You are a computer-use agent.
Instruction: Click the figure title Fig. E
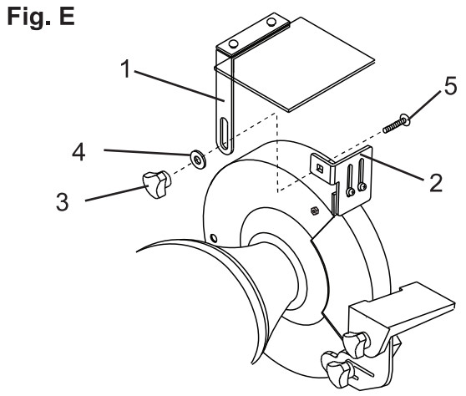tap(41, 18)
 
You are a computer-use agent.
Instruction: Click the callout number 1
tap(126, 69)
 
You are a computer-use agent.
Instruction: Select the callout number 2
tap(436, 182)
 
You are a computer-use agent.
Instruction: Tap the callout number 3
tap(63, 202)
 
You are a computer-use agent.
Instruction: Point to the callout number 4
tap(79, 153)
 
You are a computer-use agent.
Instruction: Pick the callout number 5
tap(450, 87)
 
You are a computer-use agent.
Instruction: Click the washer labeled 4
tap(198, 160)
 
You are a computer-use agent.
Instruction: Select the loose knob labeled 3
tap(157, 184)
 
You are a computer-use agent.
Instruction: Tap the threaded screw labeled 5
tap(397, 124)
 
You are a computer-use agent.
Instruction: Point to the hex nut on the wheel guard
tap(315, 211)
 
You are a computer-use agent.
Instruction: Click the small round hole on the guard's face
tap(214, 238)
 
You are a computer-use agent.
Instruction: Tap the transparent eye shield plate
tap(294, 65)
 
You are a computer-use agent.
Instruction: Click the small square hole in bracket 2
tap(320, 169)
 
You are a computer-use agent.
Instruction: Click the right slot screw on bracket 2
tap(362, 186)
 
